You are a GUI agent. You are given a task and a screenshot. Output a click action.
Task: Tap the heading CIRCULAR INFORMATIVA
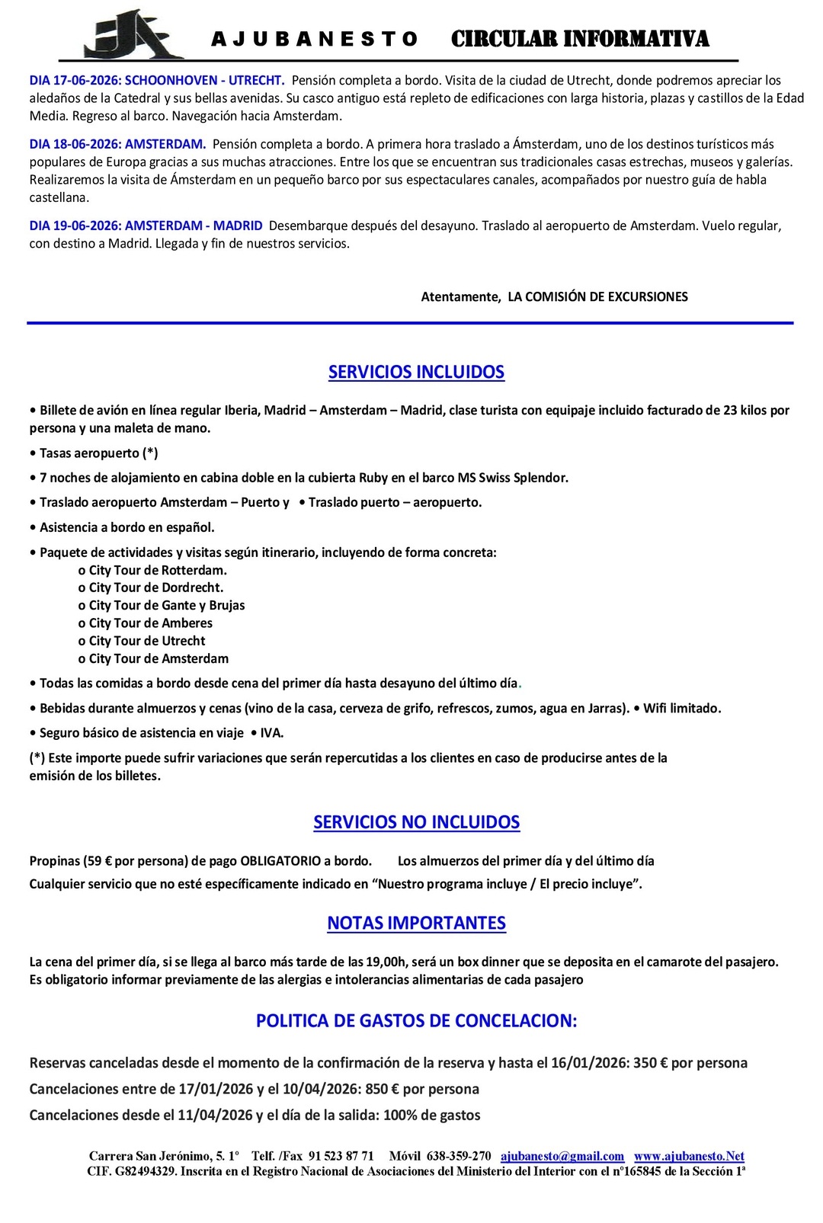tap(580, 39)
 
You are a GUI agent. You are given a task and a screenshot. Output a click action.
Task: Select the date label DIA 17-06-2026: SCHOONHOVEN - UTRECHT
tap(157, 80)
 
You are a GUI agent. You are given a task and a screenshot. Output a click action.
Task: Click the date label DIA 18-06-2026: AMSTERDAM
tap(117, 144)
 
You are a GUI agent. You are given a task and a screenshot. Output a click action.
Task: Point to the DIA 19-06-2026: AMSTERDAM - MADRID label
tap(146, 226)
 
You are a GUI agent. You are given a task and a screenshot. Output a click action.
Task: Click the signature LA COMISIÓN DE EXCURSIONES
tap(597, 296)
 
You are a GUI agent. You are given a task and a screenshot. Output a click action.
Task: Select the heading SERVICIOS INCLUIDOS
tap(416, 372)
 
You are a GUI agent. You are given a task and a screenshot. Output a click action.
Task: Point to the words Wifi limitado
tap(681, 709)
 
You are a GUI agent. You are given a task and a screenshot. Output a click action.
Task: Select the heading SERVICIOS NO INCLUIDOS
tap(416, 822)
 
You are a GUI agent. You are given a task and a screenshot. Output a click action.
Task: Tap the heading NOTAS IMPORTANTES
tap(416, 923)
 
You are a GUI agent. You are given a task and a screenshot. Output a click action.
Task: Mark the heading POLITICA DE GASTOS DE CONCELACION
tap(416, 1021)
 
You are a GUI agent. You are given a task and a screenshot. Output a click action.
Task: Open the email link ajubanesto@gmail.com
tap(562, 1156)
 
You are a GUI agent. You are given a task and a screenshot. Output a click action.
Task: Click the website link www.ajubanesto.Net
tap(689, 1156)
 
